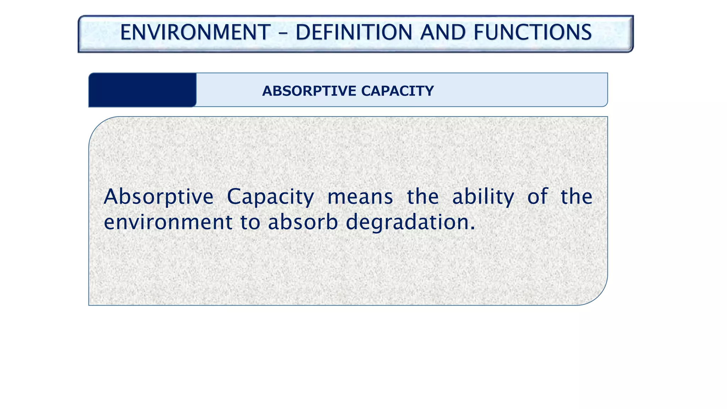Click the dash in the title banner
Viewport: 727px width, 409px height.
click(x=283, y=33)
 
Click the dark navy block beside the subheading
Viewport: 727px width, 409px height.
click(x=142, y=90)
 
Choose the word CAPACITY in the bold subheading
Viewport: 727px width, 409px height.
click(x=397, y=91)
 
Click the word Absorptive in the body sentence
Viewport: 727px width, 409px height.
click(x=158, y=197)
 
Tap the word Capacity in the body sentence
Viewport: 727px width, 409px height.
click(x=270, y=197)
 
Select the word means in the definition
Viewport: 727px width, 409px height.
click(x=360, y=197)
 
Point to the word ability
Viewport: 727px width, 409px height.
click(x=483, y=197)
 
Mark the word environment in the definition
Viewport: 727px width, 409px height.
click(x=168, y=223)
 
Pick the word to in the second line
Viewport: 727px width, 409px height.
click(x=250, y=223)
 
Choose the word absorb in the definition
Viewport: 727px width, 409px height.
click(x=303, y=223)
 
